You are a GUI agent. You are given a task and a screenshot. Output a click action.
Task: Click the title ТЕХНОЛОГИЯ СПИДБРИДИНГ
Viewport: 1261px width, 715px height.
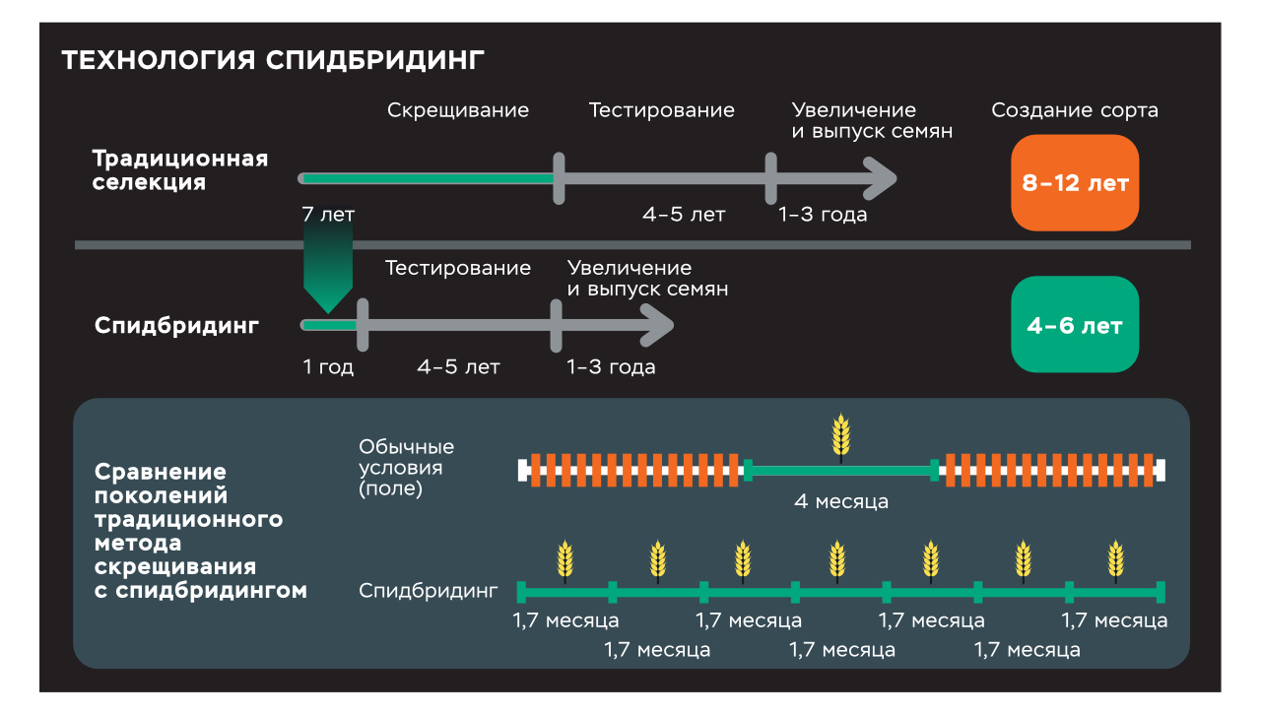(x=273, y=60)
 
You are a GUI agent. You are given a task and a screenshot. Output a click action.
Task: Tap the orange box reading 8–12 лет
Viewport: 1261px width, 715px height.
(x=1075, y=183)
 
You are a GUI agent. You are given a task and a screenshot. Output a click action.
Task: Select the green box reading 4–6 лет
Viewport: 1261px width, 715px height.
(x=1075, y=325)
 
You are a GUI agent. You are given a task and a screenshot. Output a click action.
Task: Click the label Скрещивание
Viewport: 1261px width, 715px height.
(x=458, y=110)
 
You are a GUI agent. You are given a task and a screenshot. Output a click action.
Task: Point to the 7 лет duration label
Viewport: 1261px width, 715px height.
(x=328, y=214)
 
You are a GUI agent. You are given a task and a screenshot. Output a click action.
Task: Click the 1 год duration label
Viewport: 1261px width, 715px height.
(x=328, y=367)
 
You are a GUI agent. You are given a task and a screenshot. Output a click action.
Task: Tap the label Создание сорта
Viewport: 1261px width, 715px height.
(x=1075, y=110)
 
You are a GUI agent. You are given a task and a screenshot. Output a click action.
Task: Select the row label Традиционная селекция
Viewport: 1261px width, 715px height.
(x=179, y=170)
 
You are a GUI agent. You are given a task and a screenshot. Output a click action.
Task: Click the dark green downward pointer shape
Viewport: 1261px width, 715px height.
(x=328, y=266)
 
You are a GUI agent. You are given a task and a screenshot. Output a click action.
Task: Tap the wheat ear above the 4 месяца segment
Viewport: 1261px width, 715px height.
(x=840, y=436)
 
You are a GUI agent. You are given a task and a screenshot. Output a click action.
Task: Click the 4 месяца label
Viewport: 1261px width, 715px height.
(x=841, y=501)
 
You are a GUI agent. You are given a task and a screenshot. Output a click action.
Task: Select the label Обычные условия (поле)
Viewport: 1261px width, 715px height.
(x=406, y=468)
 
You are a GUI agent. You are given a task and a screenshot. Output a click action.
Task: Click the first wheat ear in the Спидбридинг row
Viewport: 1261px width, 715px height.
(x=564, y=560)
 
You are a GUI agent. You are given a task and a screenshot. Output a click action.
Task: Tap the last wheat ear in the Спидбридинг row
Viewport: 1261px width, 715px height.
(x=1114, y=560)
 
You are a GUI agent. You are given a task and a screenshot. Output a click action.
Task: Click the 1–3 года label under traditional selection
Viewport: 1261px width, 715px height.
(x=823, y=214)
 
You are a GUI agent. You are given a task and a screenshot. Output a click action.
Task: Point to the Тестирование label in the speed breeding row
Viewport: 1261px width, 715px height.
(x=458, y=268)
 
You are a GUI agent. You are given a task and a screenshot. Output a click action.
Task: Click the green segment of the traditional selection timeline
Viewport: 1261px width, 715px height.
(x=429, y=178)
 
